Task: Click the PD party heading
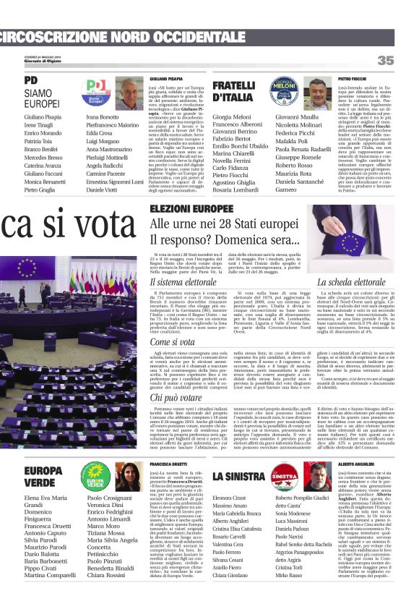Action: click(x=30, y=80)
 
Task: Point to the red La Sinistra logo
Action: click(x=284, y=477)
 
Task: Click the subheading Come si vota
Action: click(x=173, y=341)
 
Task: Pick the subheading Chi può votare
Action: click(x=176, y=397)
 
